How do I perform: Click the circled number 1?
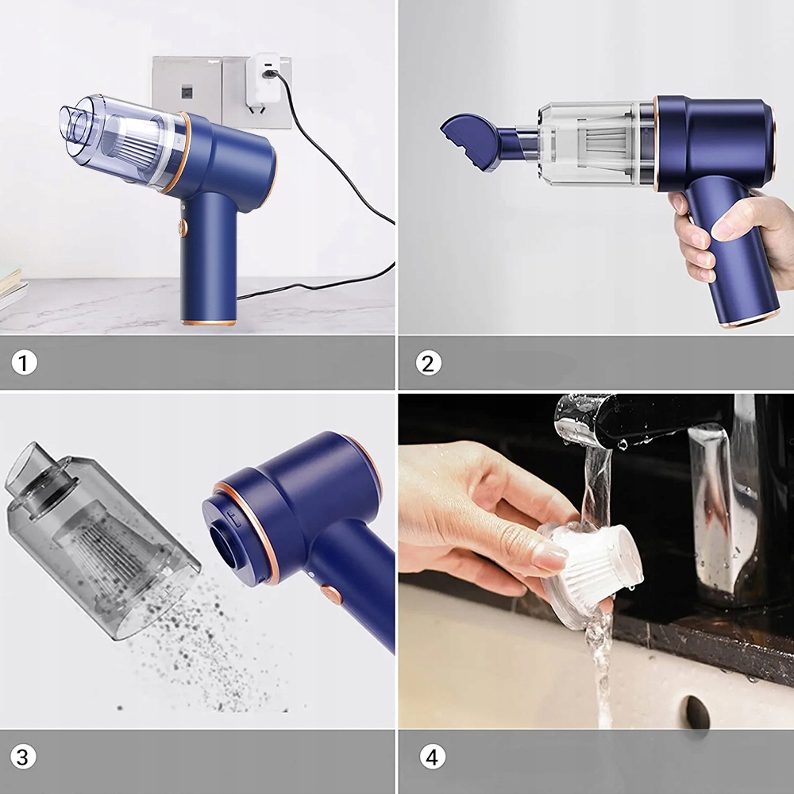coord(24,363)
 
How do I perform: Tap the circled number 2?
coord(428,363)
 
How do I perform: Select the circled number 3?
coord(23,757)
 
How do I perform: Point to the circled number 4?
coord(432,757)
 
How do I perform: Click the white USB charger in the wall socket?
coord(262,79)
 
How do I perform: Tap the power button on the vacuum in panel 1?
coord(183,228)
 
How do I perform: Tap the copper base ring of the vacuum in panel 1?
coord(208,322)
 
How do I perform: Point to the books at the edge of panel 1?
coord(11,290)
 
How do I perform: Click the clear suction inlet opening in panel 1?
coord(71,123)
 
